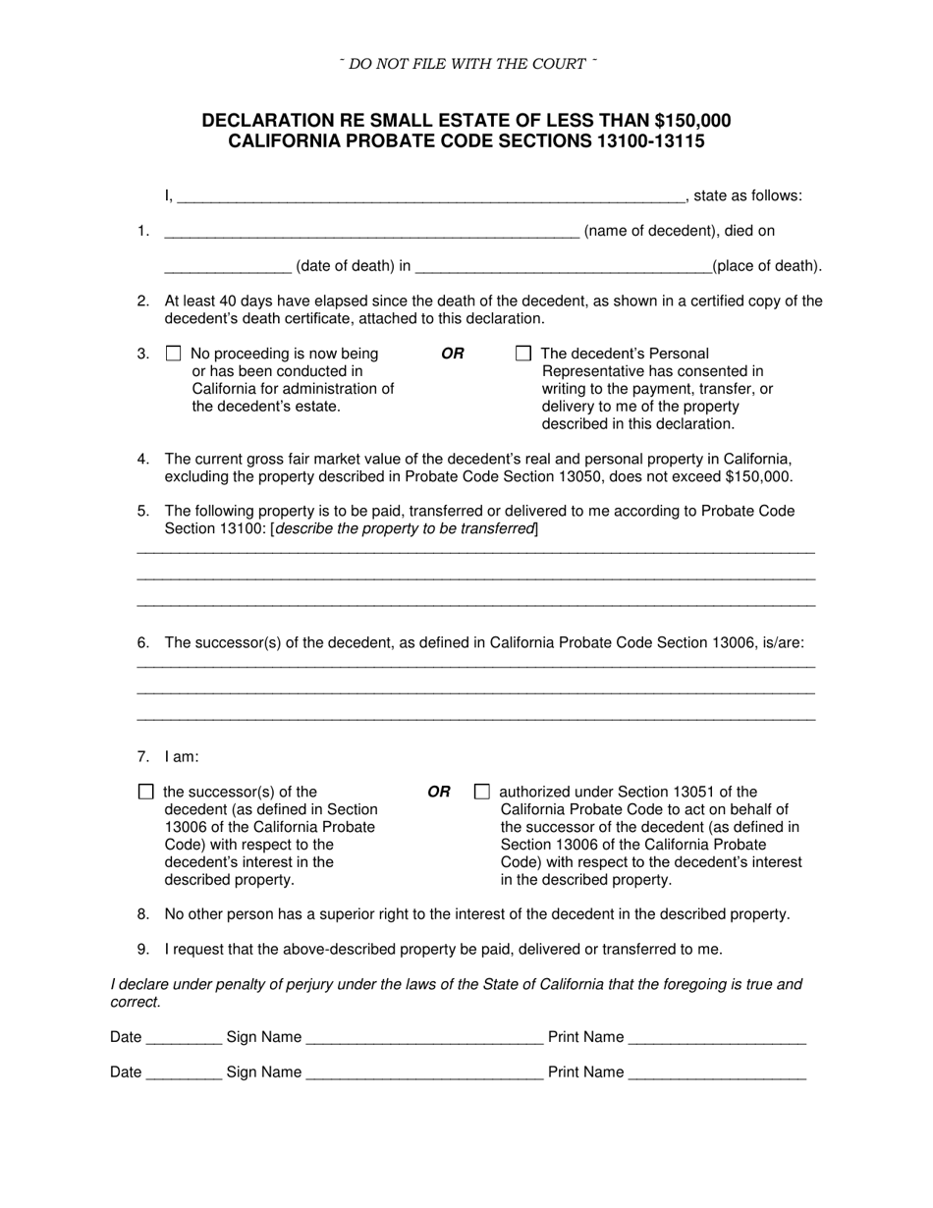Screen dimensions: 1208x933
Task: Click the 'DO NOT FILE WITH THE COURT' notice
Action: tap(467, 64)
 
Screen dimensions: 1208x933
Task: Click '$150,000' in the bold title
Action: tap(691, 121)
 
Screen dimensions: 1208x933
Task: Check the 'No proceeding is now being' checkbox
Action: tap(174, 354)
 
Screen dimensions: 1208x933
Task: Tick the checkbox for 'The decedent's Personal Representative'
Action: tap(523, 354)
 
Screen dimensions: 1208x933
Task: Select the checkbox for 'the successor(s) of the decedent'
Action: tap(146, 792)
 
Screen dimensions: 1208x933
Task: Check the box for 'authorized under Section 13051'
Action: tap(481, 792)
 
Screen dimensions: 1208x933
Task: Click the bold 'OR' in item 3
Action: tap(452, 354)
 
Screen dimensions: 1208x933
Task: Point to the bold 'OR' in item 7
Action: tap(439, 792)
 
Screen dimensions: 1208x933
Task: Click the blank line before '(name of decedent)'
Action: tap(371, 233)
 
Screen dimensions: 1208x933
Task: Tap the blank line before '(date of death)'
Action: tap(228, 267)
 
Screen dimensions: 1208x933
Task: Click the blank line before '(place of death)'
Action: tap(564, 267)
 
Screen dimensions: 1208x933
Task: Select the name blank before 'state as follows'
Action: tap(430, 197)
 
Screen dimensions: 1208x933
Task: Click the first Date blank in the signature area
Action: tap(184, 1039)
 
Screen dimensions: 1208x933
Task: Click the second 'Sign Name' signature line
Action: tap(424, 1074)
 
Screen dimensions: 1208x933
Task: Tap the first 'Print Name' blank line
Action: tap(717, 1039)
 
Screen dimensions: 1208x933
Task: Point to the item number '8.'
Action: tap(143, 914)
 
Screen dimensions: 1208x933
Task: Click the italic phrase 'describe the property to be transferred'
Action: tap(405, 529)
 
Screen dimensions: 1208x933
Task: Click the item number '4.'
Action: tap(143, 459)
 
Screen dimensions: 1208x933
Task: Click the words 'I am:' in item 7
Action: tap(182, 757)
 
